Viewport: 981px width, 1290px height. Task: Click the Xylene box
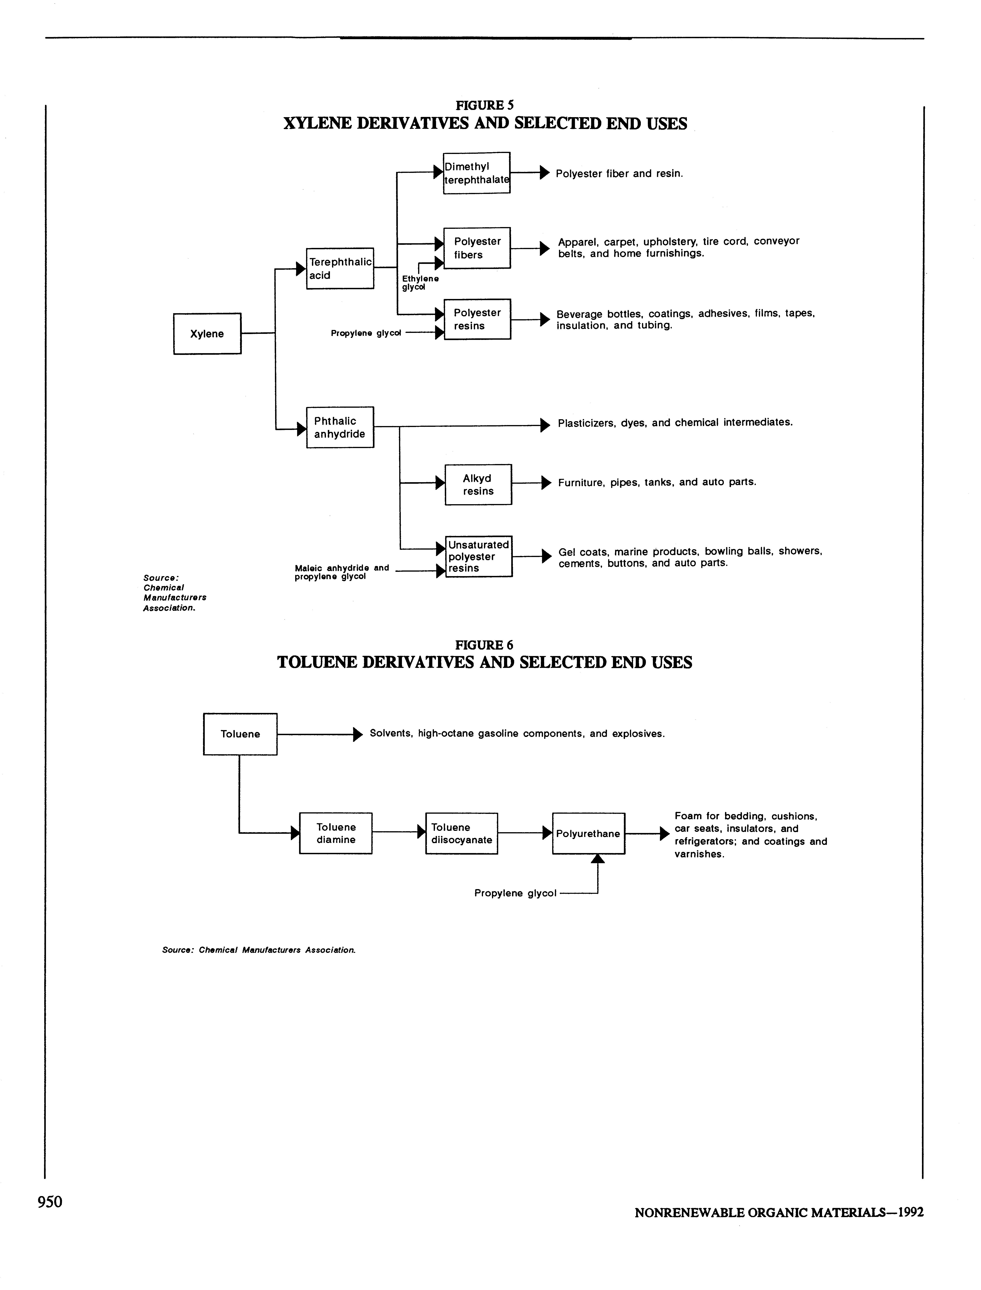[x=207, y=333]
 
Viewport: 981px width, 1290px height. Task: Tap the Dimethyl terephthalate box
[x=477, y=173]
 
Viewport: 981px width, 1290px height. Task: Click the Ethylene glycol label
[x=420, y=283]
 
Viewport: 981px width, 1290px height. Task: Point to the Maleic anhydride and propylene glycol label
[x=342, y=572]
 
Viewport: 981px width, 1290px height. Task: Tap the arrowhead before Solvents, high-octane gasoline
[x=358, y=734]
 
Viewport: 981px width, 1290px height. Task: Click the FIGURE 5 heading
[x=485, y=105]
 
